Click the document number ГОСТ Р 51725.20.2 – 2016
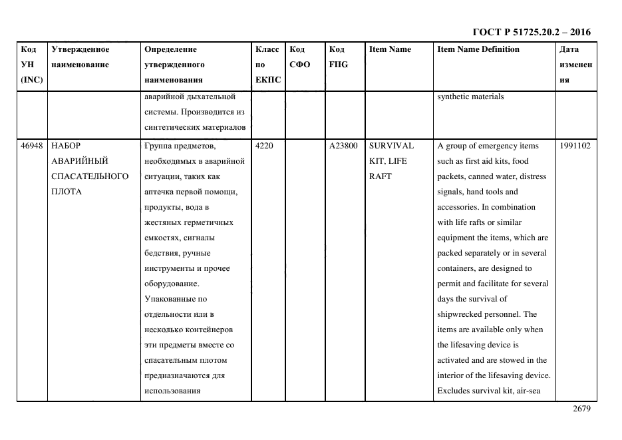pos(531,32)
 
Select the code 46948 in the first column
pos(31,146)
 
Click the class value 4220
pos(265,146)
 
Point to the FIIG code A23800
pos(343,146)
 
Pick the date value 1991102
pos(575,146)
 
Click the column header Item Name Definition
pos(478,49)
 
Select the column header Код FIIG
pos(338,57)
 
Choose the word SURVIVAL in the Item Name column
pos(391,146)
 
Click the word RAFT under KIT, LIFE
pos(381,176)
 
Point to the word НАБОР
pos(65,146)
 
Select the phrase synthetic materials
pos(470,97)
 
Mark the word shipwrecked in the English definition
pos(460,314)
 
